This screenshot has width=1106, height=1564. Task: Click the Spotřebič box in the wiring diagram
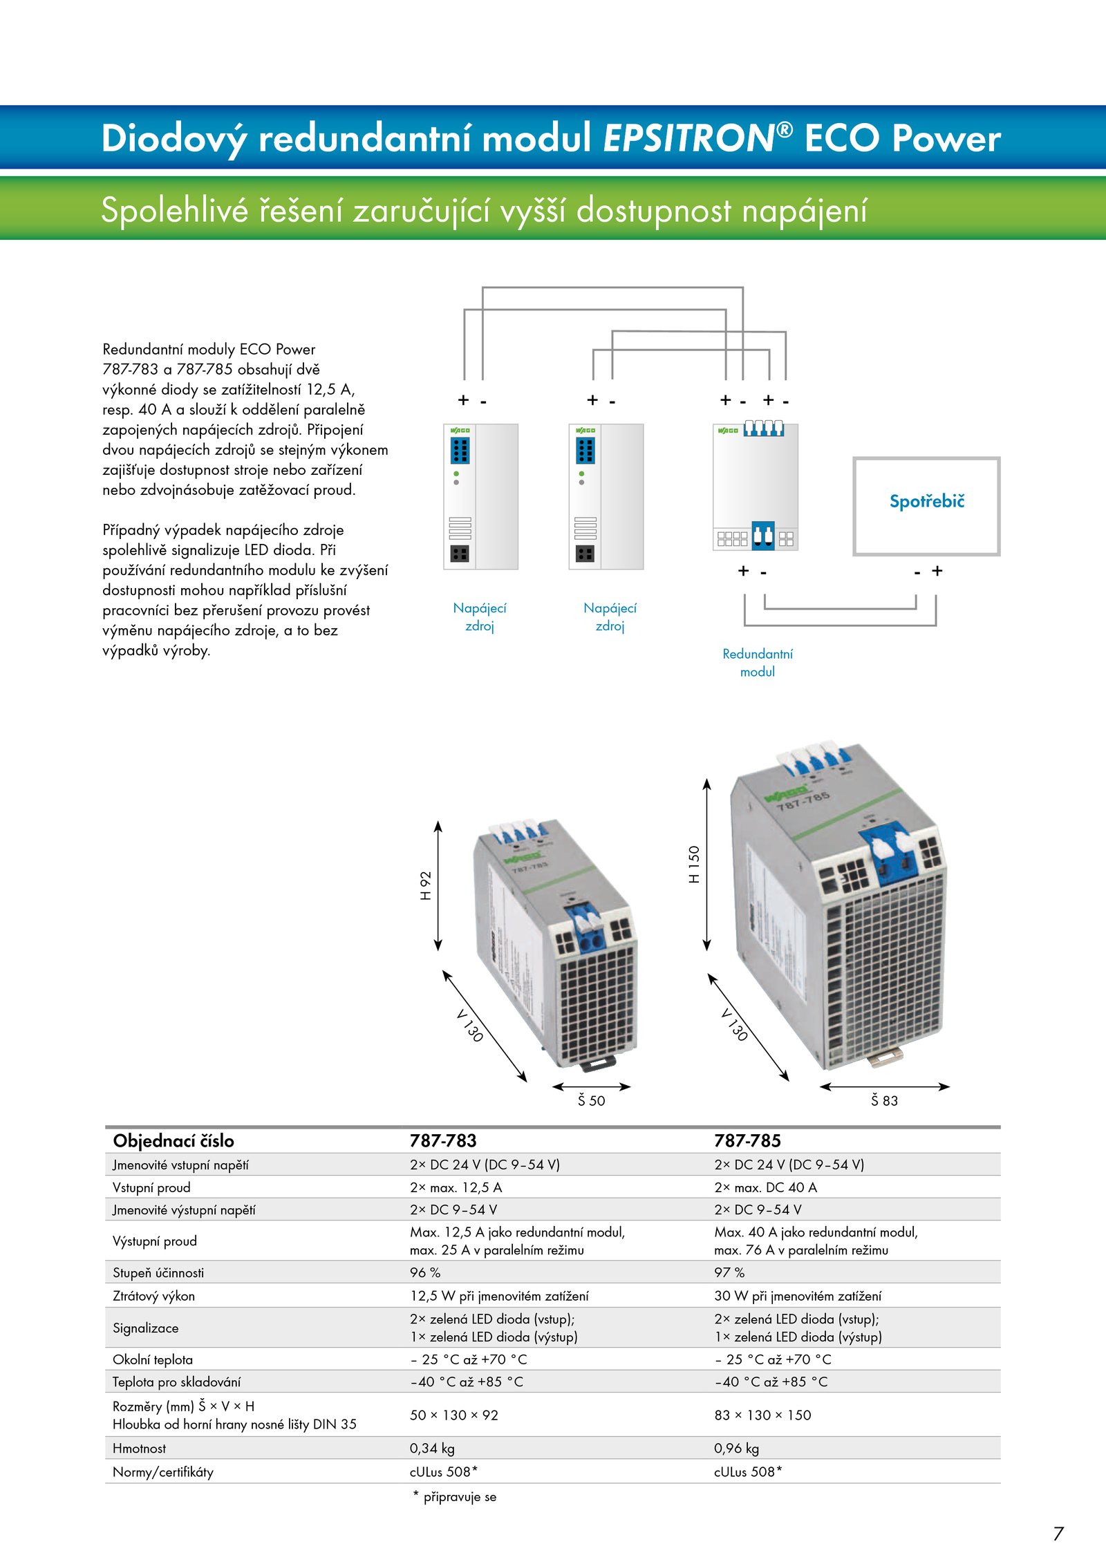click(x=926, y=459)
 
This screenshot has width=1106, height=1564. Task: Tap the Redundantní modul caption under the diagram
click(x=758, y=663)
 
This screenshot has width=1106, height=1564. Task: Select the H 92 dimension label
click(x=426, y=885)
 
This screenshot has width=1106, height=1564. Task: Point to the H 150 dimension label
click(x=694, y=864)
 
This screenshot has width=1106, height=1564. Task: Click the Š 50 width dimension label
click(x=591, y=1100)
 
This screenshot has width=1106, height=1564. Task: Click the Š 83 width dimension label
click(x=884, y=1100)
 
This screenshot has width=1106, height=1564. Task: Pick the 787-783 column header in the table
click(x=443, y=1140)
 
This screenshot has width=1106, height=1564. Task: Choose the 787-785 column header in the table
click(x=747, y=1140)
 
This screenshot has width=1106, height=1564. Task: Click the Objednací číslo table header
click(x=174, y=1141)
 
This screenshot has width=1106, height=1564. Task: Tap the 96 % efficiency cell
click(x=425, y=1272)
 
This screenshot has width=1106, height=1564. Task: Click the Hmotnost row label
click(x=139, y=1448)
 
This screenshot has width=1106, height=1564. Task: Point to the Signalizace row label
click(x=145, y=1328)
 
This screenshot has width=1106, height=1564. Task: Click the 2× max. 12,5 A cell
click(x=456, y=1187)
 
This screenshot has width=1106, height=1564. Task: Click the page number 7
click(x=1058, y=1534)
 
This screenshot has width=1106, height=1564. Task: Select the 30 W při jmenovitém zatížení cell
click(x=798, y=1296)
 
